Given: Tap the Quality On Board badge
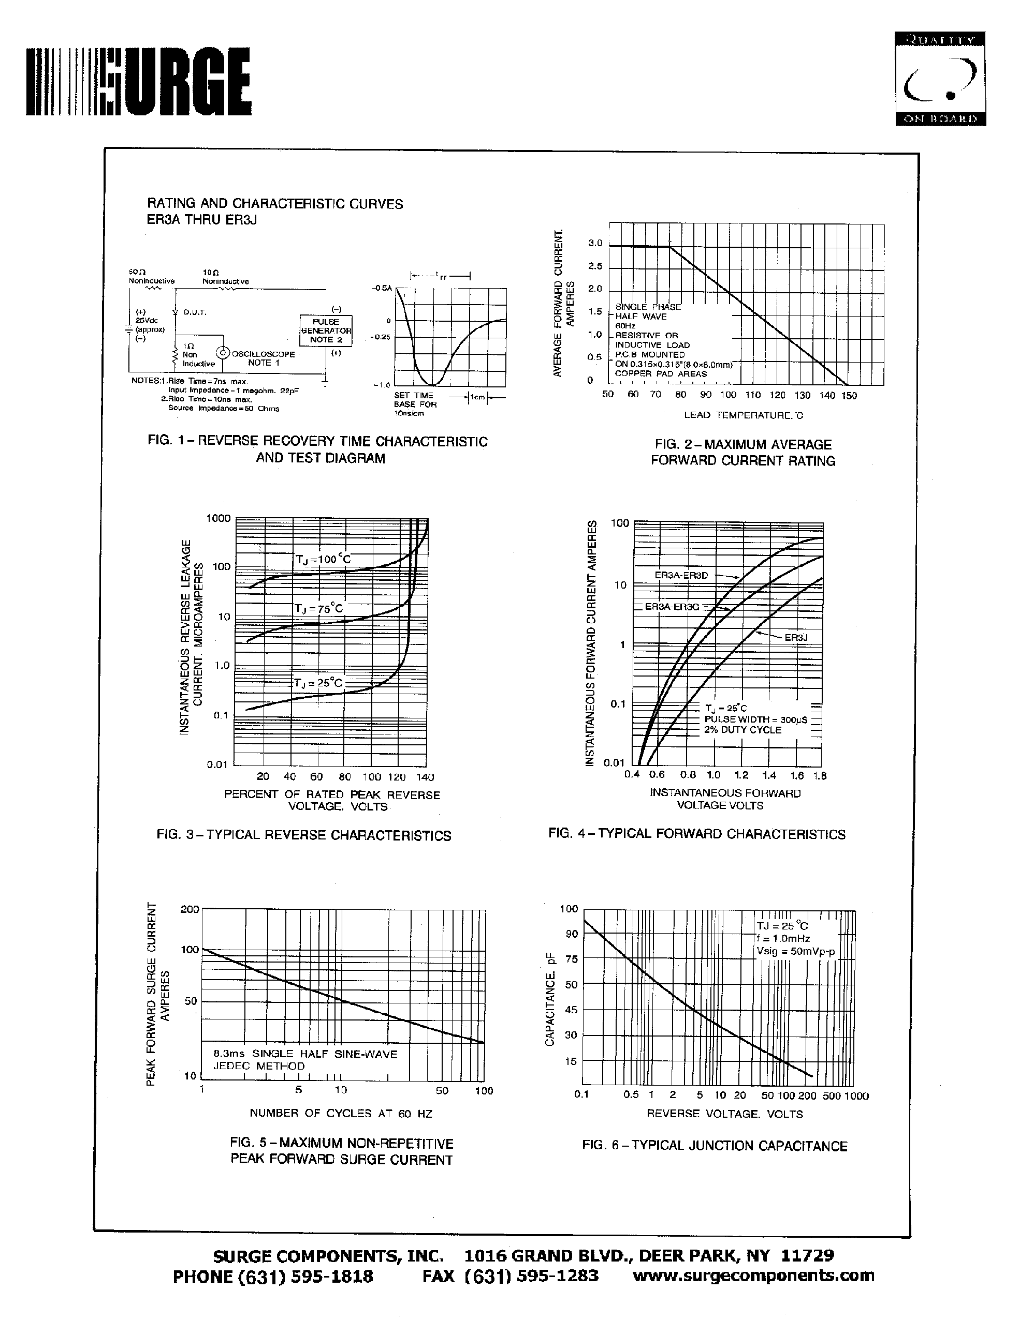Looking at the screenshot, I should click(x=940, y=78).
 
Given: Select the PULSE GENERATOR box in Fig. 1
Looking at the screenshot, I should click(x=326, y=331).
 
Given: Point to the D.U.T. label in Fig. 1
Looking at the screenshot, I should click(x=195, y=312).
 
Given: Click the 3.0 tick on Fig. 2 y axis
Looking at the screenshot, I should click(x=595, y=243).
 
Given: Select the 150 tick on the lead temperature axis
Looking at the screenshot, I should click(x=849, y=396).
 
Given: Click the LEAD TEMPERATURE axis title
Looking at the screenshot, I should click(x=743, y=415).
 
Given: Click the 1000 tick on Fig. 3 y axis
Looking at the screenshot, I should click(x=218, y=519).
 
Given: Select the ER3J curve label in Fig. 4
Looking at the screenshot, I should click(x=796, y=637).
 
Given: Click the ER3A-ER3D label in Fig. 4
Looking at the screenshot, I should click(x=681, y=576).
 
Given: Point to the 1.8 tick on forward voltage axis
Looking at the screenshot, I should click(x=820, y=776).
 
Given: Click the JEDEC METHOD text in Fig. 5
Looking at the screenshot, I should click(x=258, y=1065).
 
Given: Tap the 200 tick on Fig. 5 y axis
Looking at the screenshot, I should click(x=190, y=909).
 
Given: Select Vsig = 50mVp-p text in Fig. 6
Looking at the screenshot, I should click(x=795, y=951).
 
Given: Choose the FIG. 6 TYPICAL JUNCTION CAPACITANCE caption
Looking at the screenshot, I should click(x=715, y=1146).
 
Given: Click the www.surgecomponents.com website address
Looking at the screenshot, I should click(x=753, y=1275).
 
